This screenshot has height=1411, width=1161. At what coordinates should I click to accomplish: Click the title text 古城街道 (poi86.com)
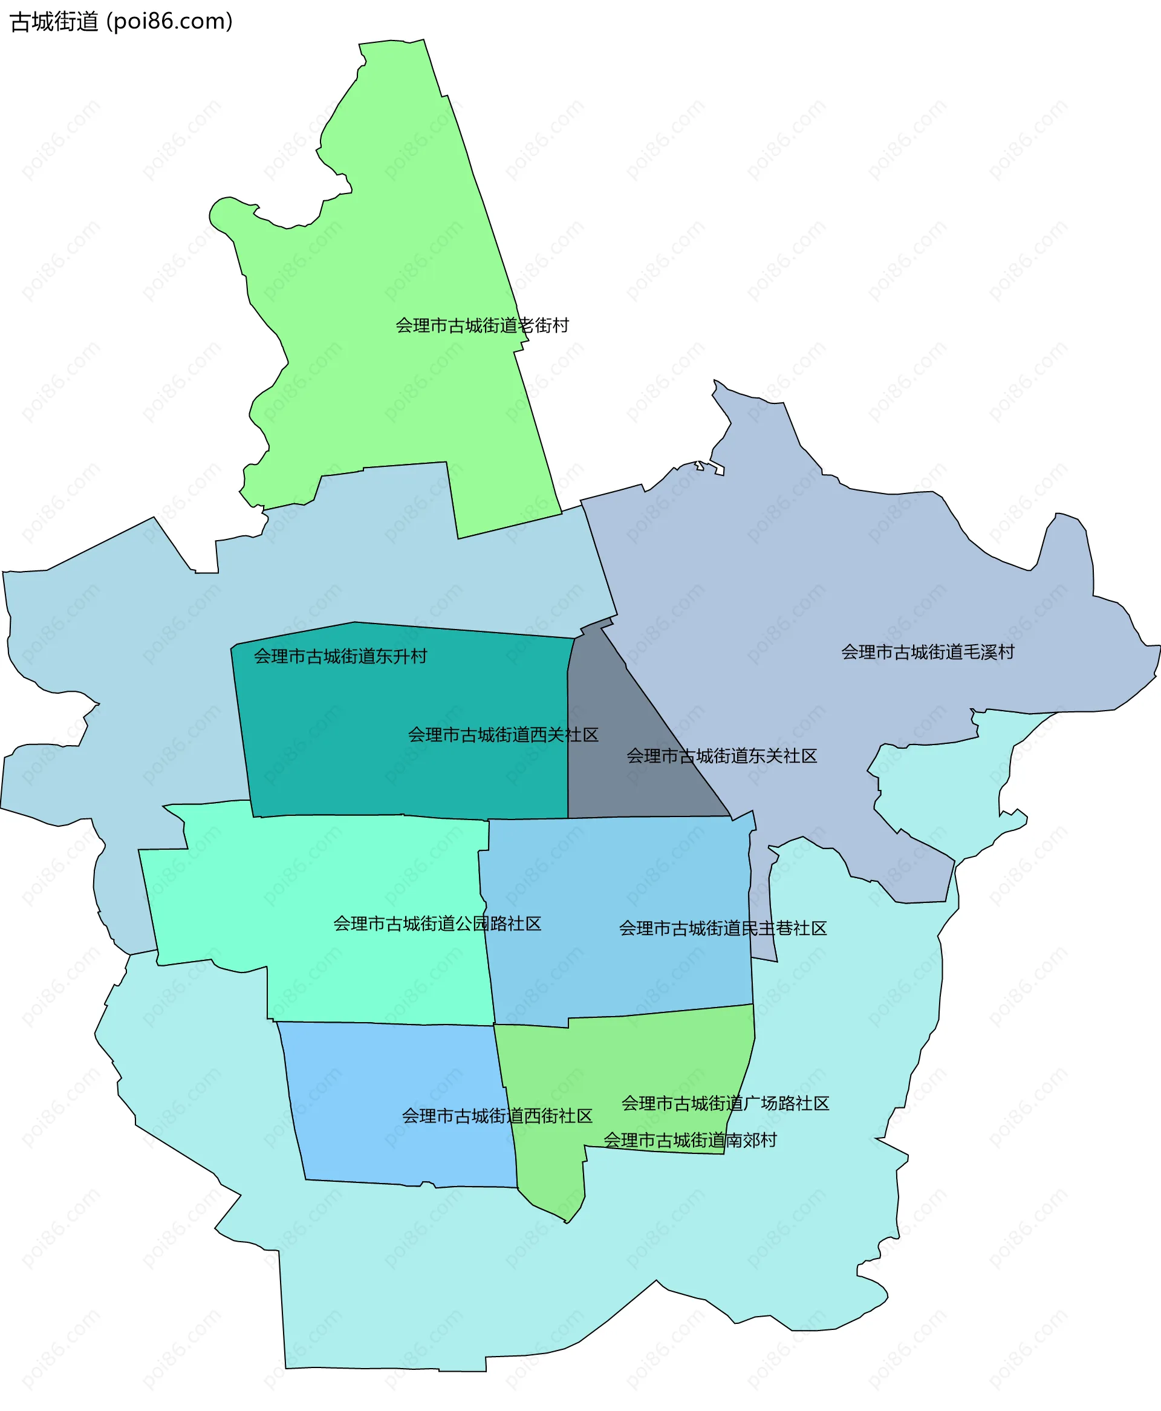(x=121, y=21)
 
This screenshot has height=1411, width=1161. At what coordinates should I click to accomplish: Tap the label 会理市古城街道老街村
(x=481, y=325)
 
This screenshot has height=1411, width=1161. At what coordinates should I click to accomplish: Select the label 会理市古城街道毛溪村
(x=928, y=652)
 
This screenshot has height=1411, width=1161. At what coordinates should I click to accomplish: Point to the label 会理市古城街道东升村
(x=340, y=657)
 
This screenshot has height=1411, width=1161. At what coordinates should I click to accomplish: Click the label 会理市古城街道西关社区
(x=503, y=735)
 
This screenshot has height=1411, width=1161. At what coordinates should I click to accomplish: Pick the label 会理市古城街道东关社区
(x=721, y=757)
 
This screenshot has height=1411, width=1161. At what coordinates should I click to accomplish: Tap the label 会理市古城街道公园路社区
(x=437, y=924)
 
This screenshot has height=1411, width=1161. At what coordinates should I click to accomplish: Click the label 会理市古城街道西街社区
(x=497, y=1116)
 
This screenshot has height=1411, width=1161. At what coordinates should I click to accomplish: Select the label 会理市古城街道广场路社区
(x=725, y=1103)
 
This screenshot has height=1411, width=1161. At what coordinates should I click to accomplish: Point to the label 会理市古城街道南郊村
(x=689, y=1140)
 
